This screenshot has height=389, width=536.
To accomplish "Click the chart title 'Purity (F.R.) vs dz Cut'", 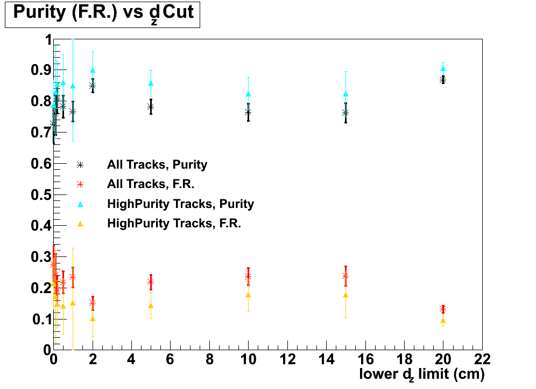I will pyautogui.click(x=103, y=13).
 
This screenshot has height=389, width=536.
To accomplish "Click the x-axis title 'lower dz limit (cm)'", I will pyautogui.click(x=422, y=373).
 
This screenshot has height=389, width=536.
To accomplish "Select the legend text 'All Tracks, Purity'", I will pyautogui.click(x=157, y=165).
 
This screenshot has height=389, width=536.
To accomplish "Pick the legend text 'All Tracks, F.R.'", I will pyautogui.click(x=150, y=184).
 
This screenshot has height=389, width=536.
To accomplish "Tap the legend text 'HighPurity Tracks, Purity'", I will pyautogui.click(x=180, y=204).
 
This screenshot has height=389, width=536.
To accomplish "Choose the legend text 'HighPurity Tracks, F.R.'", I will pyautogui.click(x=174, y=223).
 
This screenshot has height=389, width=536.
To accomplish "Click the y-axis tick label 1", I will pyautogui.click(x=47, y=40).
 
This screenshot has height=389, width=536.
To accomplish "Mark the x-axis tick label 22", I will pyautogui.click(x=482, y=359).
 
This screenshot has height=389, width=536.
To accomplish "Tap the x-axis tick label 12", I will pyautogui.click(x=287, y=359).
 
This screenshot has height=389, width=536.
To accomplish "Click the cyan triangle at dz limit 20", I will pyautogui.click(x=443, y=68).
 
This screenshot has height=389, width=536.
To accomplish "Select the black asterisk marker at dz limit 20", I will pyautogui.click(x=443, y=80).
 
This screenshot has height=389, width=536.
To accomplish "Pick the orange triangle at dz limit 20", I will pyautogui.click(x=443, y=320).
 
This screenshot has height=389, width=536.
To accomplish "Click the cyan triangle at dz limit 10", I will pyautogui.click(x=248, y=94).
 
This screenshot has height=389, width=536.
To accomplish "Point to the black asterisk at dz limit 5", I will pyautogui.click(x=151, y=107).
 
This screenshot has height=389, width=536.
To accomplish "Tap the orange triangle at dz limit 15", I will pyautogui.click(x=345, y=295).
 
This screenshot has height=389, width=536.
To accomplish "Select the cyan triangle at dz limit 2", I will pyautogui.click(x=93, y=70).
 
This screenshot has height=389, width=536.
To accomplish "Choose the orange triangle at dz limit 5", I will pyautogui.click(x=151, y=305).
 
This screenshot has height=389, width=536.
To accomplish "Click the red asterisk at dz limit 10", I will pyautogui.click(x=248, y=276).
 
